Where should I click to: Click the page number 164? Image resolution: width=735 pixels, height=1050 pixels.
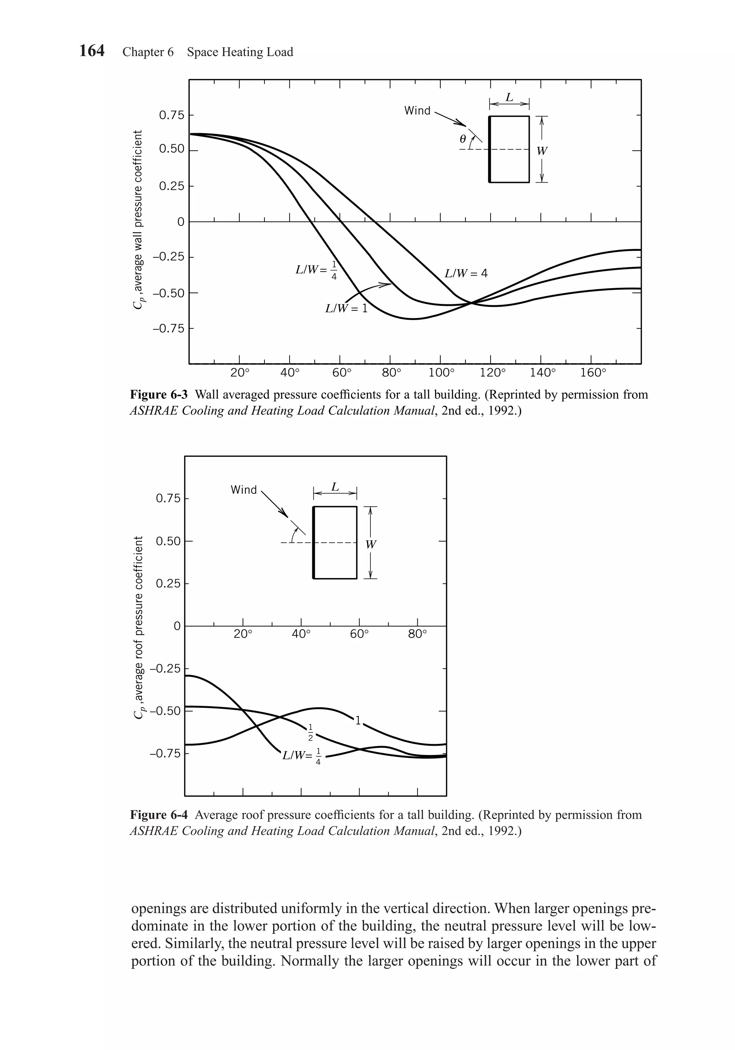coord(92,51)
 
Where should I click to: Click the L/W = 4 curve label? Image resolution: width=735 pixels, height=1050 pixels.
coord(466,273)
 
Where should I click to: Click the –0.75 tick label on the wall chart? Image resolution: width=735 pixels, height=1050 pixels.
coord(170,328)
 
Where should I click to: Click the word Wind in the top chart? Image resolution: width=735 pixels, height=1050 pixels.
coord(417,111)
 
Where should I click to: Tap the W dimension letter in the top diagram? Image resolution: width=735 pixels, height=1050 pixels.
coord(542,151)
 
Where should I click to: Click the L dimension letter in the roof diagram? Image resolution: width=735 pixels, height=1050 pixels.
coord(335,487)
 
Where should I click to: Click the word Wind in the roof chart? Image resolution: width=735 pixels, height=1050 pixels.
coord(244,490)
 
